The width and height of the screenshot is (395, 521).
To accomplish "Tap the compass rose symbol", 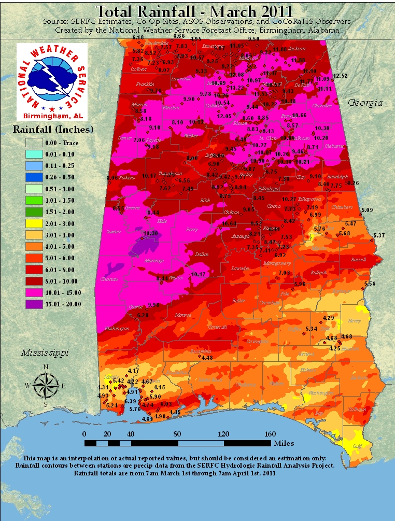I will [46, 385].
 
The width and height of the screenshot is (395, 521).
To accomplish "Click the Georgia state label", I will [365, 103].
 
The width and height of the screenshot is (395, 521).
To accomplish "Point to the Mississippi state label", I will [45, 353].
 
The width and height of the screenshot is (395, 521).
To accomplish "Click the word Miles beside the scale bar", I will [285, 443].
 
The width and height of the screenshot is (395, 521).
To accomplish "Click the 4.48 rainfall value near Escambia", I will [207, 358].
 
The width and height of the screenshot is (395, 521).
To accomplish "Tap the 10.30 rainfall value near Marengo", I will [150, 234].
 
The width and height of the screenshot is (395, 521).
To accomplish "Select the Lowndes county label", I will [240, 268].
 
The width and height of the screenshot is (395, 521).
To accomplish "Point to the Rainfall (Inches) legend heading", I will [53, 128].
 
